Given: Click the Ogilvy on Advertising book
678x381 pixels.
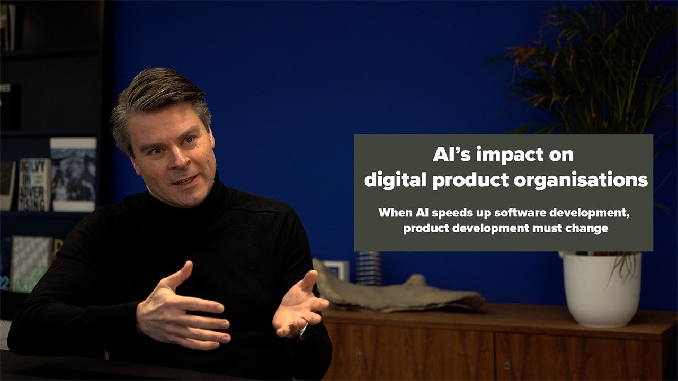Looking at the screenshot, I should [x=34, y=185].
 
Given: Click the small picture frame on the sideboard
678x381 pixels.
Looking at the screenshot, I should [x=337, y=269].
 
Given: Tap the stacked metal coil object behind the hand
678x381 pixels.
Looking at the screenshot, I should [x=369, y=268].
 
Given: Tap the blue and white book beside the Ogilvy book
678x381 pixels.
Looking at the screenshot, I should [x=73, y=174].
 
